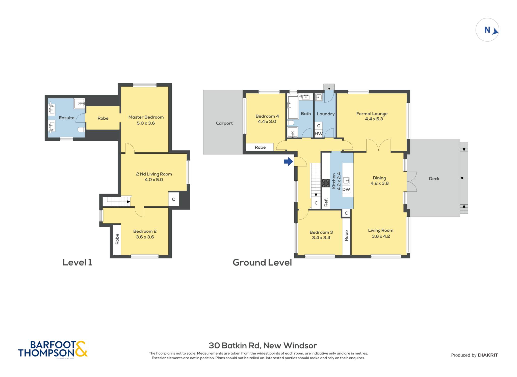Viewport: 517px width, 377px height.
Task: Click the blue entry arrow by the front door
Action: (288, 161)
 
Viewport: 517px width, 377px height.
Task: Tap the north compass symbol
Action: (487, 30)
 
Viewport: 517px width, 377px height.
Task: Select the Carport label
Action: (224, 123)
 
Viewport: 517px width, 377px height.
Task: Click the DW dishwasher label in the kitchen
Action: (346, 189)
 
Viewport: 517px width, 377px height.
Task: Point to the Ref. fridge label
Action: (326, 202)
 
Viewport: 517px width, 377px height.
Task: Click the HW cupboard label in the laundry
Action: (319, 134)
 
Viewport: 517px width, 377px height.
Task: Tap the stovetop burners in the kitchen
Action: (326, 183)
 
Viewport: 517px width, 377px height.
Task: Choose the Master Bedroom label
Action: (146, 117)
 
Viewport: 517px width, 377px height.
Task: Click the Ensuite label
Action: (67, 118)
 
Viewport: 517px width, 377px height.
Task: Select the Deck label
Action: (434, 179)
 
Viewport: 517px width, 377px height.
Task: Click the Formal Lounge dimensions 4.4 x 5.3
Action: (374, 119)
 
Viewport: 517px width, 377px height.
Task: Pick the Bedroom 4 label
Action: (267, 116)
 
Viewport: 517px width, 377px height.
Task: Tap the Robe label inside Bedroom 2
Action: (117, 239)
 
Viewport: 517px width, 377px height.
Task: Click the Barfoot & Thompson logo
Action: (53, 349)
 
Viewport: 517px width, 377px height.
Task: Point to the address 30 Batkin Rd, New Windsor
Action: (263, 345)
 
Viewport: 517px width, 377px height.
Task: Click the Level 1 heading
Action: (77, 262)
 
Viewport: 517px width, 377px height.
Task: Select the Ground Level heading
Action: (262, 262)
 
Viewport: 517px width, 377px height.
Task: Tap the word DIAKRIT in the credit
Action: (488, 355)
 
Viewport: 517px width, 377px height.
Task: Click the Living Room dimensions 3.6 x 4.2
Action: (381, 236)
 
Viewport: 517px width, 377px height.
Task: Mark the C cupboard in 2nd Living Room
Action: (173, 199)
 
